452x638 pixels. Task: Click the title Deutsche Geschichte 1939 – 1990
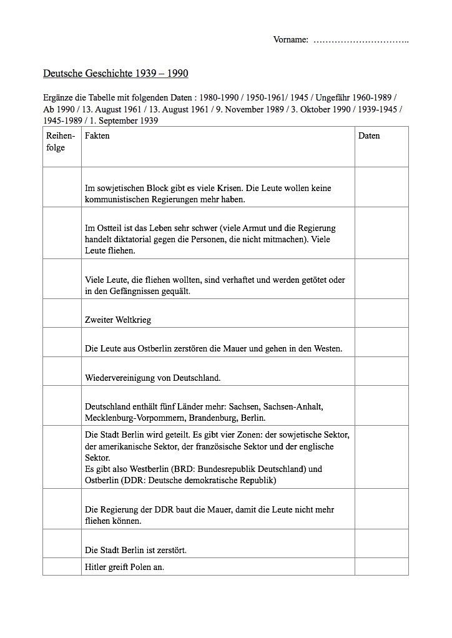click(x=115, y=74)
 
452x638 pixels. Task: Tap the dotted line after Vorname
click(x=360, y=40)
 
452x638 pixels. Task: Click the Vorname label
click(x=290, y=40)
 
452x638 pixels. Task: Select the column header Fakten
click(x=97, y=135)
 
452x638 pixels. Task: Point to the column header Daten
click(x=369, y=135)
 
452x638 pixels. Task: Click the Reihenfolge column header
click(x=61, y=142)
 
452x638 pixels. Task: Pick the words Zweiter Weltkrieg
click(x=118, y=320)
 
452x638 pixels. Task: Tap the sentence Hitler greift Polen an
click(x=124, y=567)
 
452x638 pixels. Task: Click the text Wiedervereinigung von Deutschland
click(x=153, y=378)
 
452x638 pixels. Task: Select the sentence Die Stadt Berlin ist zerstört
click(x=136, y=550)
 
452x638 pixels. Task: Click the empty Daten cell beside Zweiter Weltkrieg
click(x=381, y=313)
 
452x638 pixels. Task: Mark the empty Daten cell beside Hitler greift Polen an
click(x=381, y=567)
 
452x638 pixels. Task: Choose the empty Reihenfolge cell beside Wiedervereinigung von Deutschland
click(x=62, y=371)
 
